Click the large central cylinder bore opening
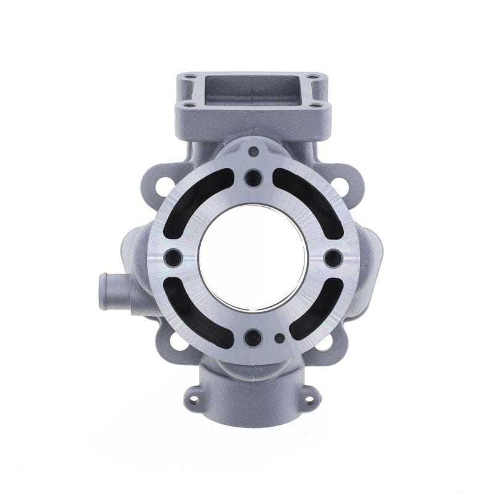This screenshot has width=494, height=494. point(253,257)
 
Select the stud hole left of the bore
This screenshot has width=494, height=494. point(173,257)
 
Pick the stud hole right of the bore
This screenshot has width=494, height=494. point(333,257)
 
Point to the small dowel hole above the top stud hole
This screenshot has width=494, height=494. point(253,151)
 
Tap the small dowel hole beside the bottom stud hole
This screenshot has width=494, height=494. point(280,338)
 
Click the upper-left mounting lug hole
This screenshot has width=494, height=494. point(165,184)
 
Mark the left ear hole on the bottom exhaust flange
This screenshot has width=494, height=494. point(193,398)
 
